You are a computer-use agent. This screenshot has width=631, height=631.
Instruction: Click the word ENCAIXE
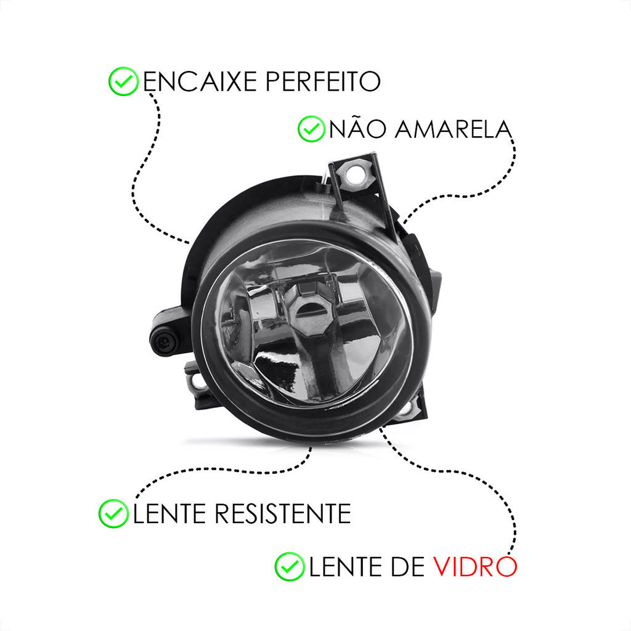[x=200, y=81]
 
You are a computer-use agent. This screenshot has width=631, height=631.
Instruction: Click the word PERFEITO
[x=323, y=81]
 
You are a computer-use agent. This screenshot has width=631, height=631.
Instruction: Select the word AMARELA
[x=453, y=129]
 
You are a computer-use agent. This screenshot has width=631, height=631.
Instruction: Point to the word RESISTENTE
[x=282, y=513]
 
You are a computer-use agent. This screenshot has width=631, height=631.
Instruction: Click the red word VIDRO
[x=475, y=567]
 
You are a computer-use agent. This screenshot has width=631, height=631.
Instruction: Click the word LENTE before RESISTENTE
[x=169, y=513]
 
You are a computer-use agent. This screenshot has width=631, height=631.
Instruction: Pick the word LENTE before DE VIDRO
[x=345, y=567]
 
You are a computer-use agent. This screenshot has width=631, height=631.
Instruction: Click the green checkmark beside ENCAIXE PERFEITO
[x=123, y=81]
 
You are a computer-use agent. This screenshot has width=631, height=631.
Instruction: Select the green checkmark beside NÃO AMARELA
[x=311, y=129]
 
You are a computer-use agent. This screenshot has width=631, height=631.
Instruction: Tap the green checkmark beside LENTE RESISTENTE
[x=113, y=513]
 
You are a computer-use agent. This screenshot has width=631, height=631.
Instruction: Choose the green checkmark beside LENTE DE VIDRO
[x=290, y=567]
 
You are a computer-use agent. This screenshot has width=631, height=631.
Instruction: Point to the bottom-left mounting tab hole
[x=198, y=381]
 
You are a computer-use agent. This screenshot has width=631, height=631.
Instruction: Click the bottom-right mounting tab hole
[x=407, y=408]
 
